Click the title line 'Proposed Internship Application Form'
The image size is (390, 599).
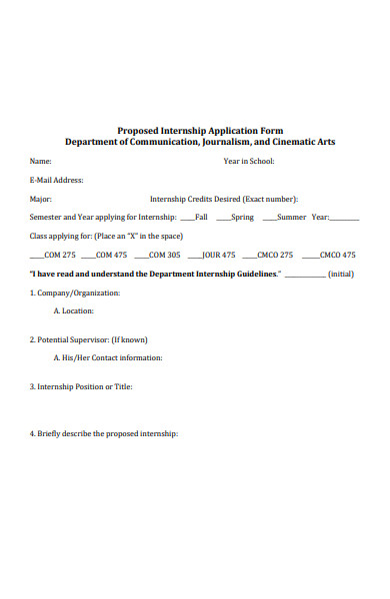[x=200, y=130]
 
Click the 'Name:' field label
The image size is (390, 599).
[x=40, y=161]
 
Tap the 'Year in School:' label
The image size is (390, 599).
[x=249, y=161]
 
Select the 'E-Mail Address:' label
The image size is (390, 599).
[x=57, y=180]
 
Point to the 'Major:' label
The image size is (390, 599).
[x=41, y=199]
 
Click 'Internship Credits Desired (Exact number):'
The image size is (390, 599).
[x=224, y=199]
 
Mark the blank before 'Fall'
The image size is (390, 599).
[x=187, y=217]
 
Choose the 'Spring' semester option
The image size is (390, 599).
[x=242, y=217]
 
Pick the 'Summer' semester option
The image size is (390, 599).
[x=291, y=217]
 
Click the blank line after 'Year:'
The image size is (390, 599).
[x=344, y=217]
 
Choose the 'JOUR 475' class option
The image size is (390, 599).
[x=219, y=255]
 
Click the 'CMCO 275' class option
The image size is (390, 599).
[x=275, y=255]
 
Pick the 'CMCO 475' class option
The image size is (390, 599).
[x=337, y=255]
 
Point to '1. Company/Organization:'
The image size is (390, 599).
[x=75, y=293]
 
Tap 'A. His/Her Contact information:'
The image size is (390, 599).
[x=108, y=357]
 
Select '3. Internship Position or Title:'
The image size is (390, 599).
[x=81, y=386]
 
